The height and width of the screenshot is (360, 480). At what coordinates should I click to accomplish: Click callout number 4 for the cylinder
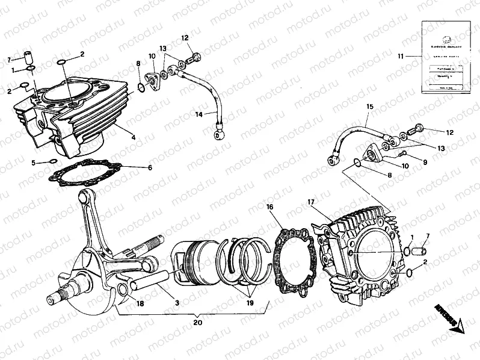(x=134, y=137)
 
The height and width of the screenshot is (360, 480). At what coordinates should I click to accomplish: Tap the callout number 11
(x=400, y=56)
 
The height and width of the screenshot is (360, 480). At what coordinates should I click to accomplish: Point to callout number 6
(x=150, y=167)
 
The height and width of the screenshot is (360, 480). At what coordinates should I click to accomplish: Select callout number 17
(x=311, y=202)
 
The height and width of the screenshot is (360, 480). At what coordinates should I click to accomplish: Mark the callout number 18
(x=140, y=304)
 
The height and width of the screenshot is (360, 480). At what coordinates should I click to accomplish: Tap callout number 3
(x=177, y=304)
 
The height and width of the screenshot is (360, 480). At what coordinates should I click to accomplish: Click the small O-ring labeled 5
(x=52, y=161)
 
